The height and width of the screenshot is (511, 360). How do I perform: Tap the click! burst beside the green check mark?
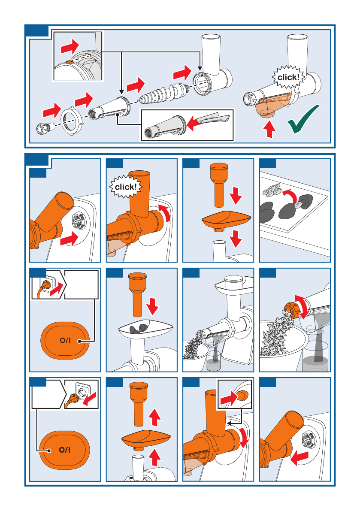[289, 77]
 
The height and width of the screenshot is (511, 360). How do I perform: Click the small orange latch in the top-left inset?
[69, 61]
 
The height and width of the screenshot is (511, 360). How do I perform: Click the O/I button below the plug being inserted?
[65, 341]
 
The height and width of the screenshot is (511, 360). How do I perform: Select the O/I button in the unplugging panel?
[64, 450]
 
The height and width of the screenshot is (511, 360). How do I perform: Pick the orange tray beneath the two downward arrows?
[227, 220]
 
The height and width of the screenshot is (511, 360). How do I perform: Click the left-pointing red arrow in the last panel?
[299, 458]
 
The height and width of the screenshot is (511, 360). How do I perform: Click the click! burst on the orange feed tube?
[126, 187]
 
